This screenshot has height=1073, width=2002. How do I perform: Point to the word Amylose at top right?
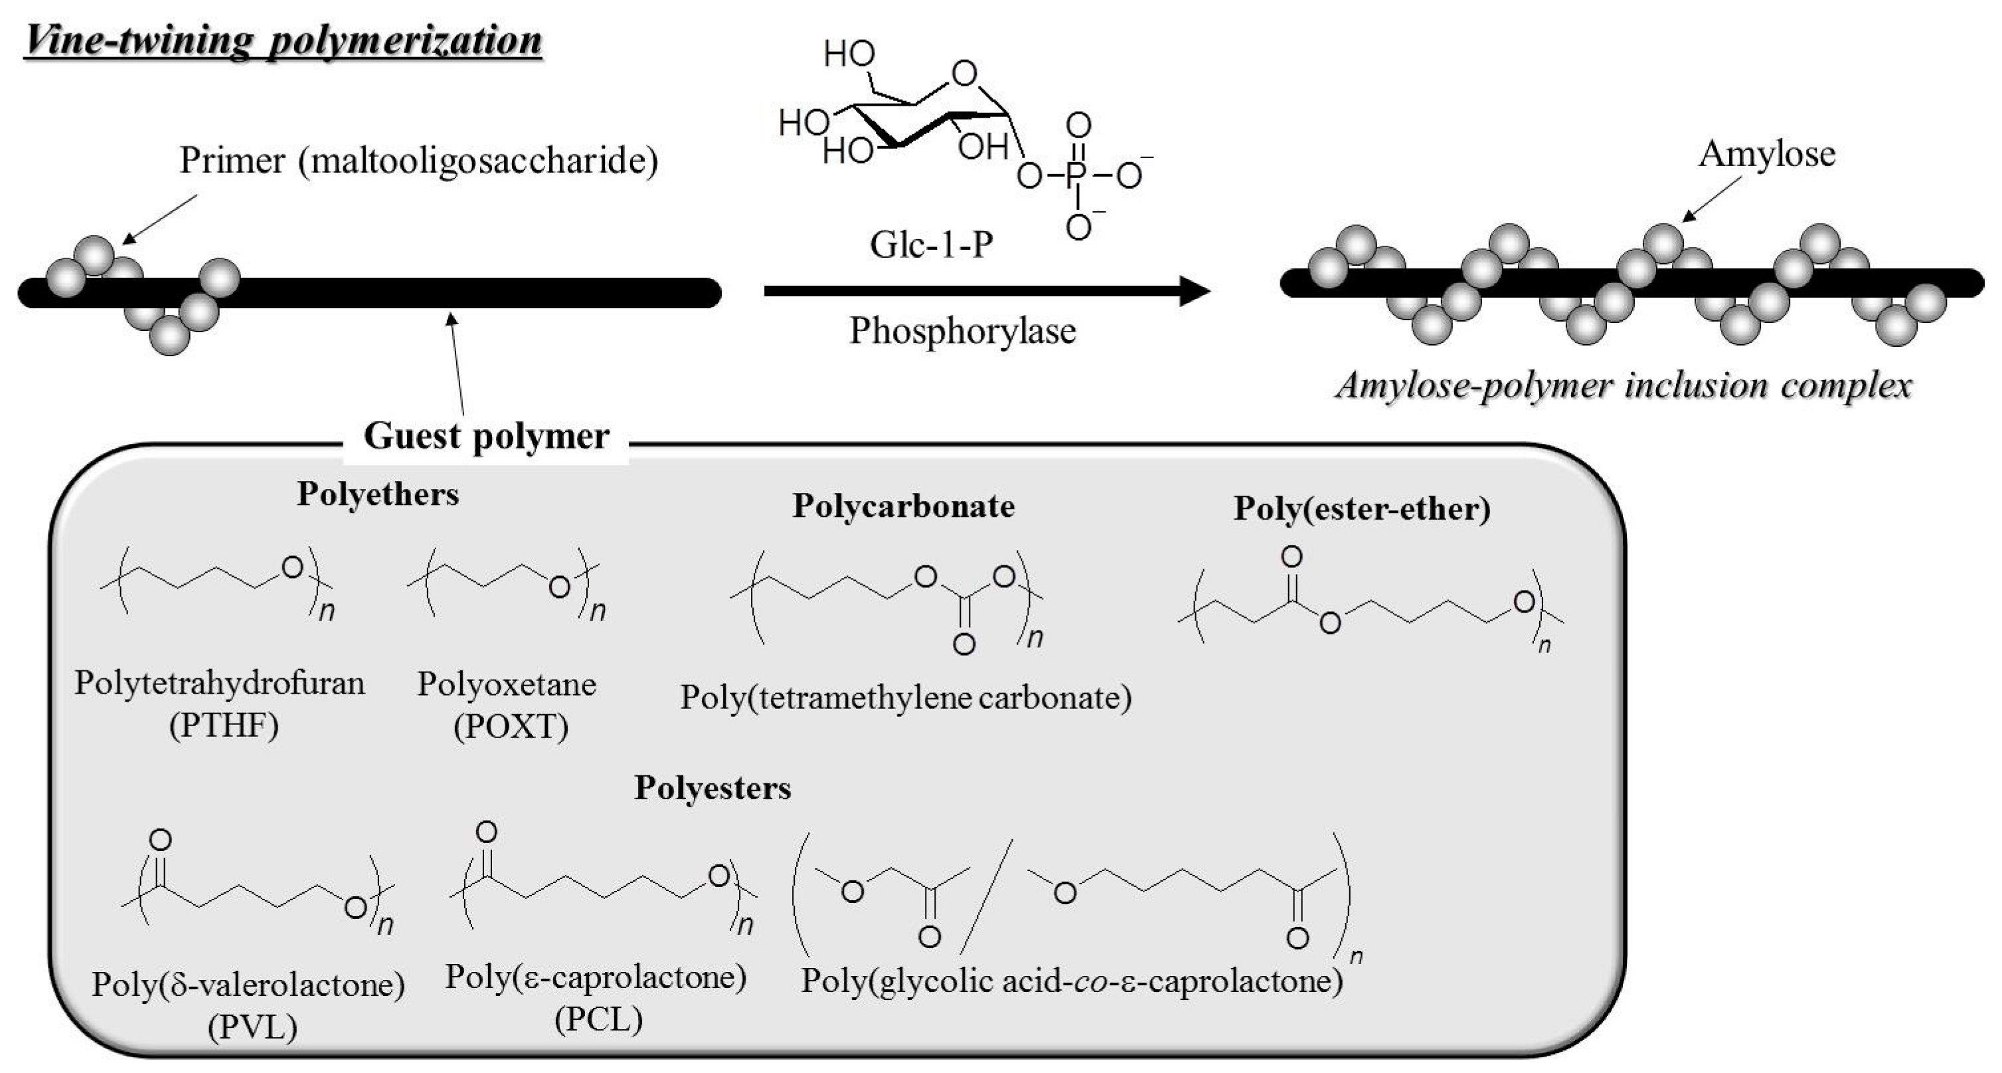pyautogui.click(x=1766, y=154)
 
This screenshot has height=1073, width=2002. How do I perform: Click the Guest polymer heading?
pyautogui.click(x=486, y=435)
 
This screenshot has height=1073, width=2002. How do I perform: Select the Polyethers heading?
pyautogui.click(x=378, y=494)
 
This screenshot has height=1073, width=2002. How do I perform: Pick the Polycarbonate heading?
pyautogui.click(x=903, y=506)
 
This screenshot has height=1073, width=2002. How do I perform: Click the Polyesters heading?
pyautogui.click(x=712, y=789)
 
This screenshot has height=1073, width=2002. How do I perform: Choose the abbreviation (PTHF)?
pyautogui.click(x=224, y=726)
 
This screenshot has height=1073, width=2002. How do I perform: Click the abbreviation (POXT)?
pyautogui.click(x=511, y=727)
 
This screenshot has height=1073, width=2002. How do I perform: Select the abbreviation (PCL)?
pyautogui.click(x=598, y=1019)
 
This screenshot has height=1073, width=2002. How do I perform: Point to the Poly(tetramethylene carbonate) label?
pyautogui.click(x=906, y=698)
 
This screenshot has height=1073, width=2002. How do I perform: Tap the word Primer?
pyautogui.click(x=232, y=161)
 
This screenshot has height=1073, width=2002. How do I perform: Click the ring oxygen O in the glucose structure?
pyautogui.click(x=963, y=74)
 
